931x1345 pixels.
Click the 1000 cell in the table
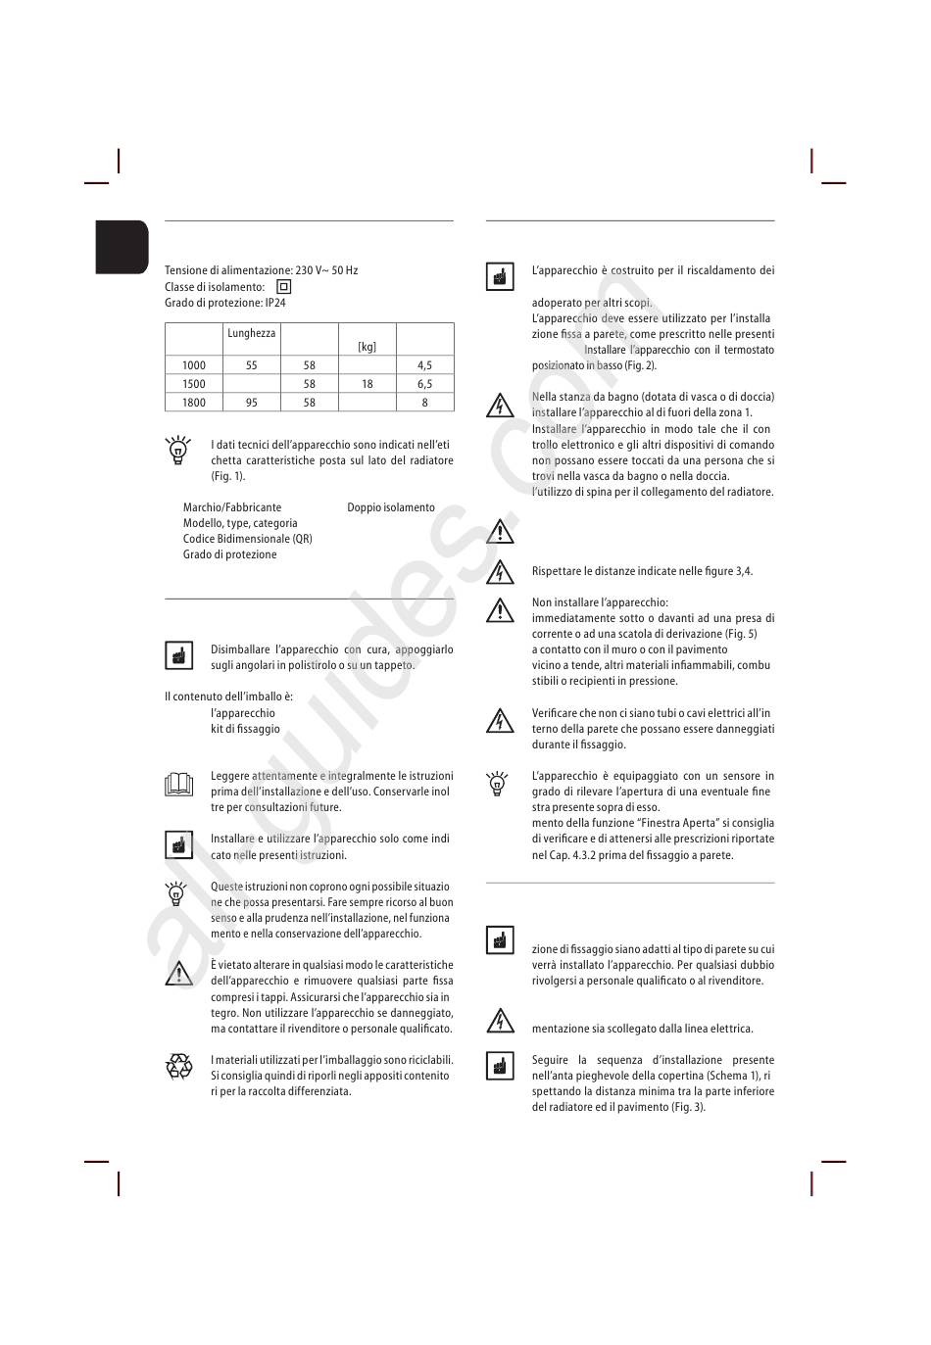[194, 365]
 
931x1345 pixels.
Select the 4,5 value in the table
[424, 365]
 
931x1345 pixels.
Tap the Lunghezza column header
[252, 333]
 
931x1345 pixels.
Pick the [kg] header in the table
[367, 347]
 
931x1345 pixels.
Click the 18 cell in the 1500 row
[367, 384]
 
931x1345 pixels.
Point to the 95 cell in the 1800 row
[252, 403]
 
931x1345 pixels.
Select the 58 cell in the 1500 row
[310, 384]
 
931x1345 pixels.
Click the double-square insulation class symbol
[284, 287]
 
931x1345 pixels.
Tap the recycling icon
[179, 1066]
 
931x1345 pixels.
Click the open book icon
[178, 784]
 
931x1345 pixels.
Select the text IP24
[275, 303]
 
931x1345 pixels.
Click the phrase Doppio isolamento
[391, 507]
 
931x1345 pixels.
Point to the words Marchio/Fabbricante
[232, 507]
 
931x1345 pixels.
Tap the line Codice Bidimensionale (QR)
[247, 539]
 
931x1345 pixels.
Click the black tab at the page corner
[122, 246]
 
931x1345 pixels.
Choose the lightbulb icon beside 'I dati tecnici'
[178, 451]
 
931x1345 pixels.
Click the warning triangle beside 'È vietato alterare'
[178, 973]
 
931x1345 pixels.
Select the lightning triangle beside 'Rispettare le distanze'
[500, 571]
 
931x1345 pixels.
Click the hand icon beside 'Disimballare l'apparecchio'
[178, 655]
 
